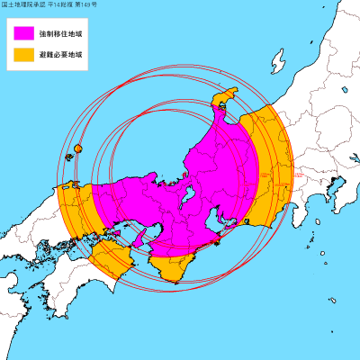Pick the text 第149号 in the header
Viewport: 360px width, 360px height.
[x=88, y=5]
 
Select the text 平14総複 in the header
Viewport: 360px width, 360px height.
[x=62, y=5]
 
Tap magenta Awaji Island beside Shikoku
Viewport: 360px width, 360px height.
[x=139, y=238]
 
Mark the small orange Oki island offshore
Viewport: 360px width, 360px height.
[x=78, y=148]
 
